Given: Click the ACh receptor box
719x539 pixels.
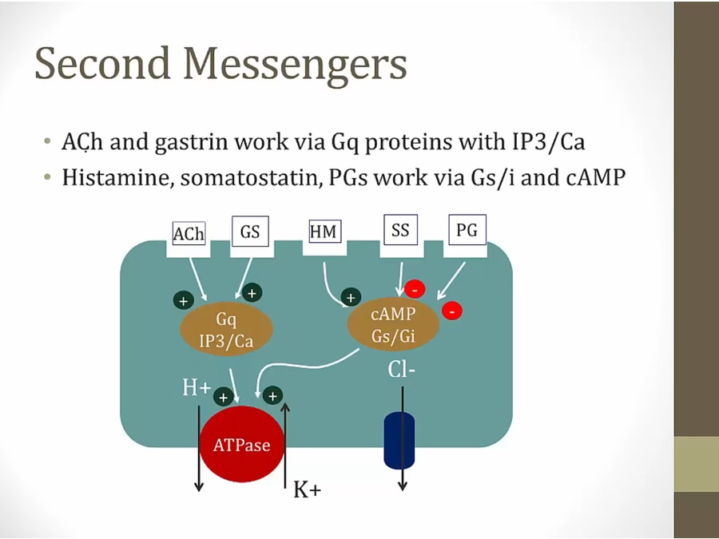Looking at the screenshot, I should [189, 234].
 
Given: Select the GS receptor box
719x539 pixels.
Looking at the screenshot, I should [250, 232].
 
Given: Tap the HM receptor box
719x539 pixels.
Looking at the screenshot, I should [324, 232].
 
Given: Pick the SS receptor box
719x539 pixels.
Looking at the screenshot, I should [400, 231].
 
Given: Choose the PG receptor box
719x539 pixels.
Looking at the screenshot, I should [467, 231].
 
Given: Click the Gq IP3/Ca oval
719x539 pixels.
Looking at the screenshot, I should [227, 330].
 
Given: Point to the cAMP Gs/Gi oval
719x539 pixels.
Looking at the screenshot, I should [393, 325].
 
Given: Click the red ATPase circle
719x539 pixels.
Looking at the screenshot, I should [241, 444].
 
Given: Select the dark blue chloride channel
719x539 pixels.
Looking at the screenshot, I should [399, 440].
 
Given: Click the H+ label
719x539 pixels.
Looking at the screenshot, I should [196, 388].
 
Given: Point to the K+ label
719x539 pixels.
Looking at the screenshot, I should [307, 489].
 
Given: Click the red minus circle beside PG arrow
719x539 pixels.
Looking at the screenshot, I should [452, 309].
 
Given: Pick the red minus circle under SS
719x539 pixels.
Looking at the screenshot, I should [414, 289].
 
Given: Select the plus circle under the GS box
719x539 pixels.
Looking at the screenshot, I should [252, 293].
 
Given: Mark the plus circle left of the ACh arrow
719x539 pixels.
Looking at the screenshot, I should [184, 301].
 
